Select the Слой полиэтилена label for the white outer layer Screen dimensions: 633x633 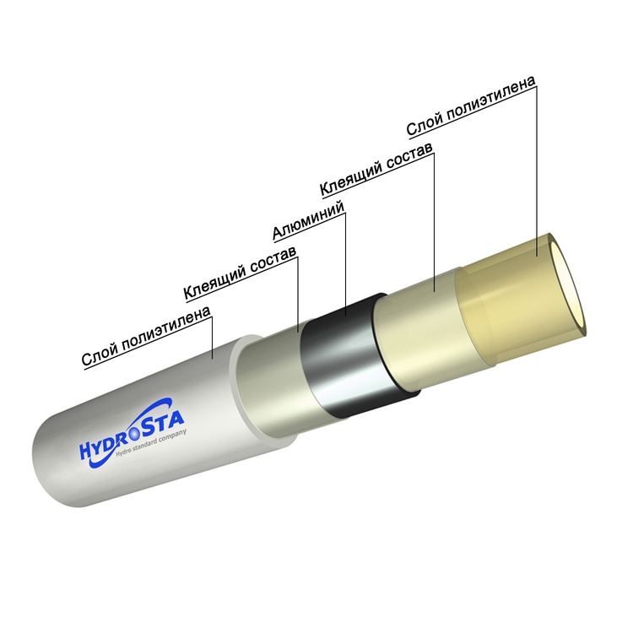146,336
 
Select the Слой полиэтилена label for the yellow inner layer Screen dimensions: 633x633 471,105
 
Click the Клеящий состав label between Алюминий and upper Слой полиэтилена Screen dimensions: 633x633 376,169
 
